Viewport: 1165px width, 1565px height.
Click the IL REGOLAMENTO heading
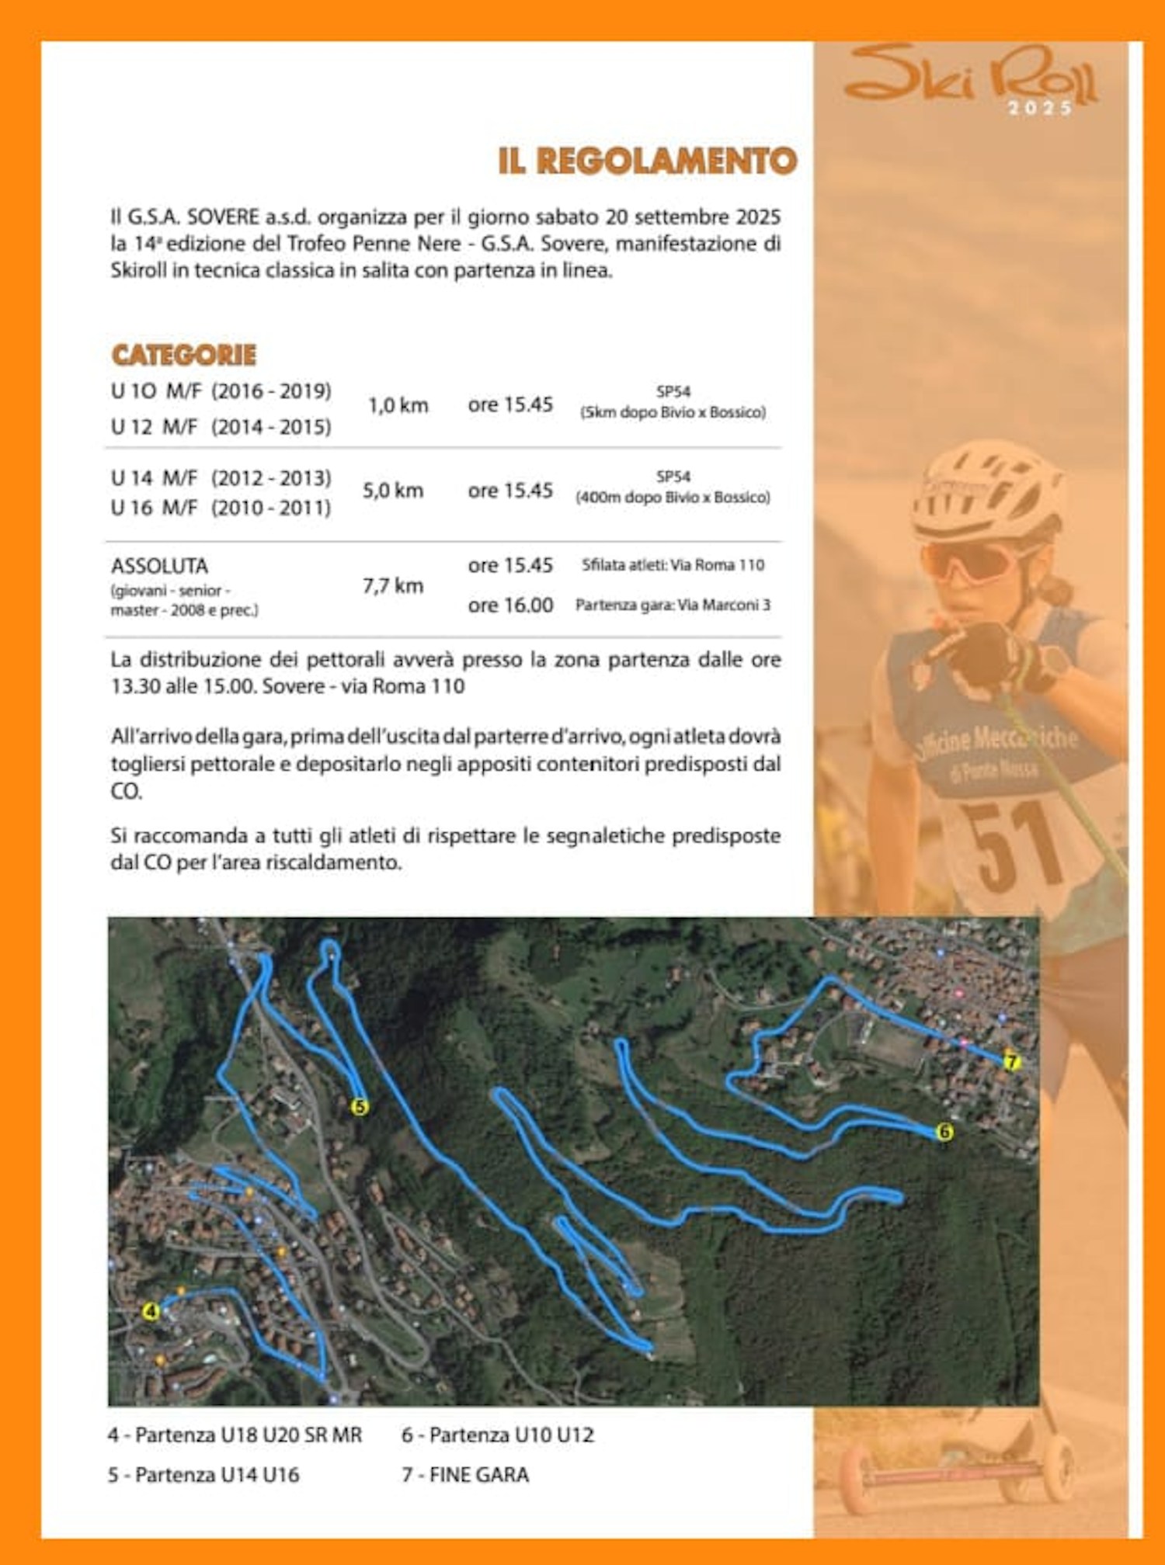click(x=647, y=161)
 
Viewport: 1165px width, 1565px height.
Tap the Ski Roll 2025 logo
click(x=971, y=78)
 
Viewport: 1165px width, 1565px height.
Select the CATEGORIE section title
click(x=184, y=356)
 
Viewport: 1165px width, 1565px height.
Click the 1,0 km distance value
click(x=398, y=405)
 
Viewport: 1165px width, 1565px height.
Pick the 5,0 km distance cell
click(x=393, y=491)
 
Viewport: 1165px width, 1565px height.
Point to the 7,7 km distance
click(x=393, y=585)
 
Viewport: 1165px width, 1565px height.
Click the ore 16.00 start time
click(x=510, y=605)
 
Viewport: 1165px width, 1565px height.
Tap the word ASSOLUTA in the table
click(x=159, y=565)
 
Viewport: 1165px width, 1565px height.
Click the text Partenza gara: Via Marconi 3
click(x=673, y=605)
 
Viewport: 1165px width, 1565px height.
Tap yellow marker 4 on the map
click(x=151, y=1311)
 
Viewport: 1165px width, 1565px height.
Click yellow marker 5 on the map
click(x=359, y=1106)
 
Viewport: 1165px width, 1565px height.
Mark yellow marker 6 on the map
click(x=944, y=1132)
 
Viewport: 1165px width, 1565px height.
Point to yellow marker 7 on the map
click(x=1010, y=1060)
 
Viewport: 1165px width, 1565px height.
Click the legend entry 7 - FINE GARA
click(x=465, y=1474)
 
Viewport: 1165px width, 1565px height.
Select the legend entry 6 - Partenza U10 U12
click(x=498, y=1435)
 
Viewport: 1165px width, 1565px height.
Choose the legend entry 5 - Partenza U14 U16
click(x=203, y=1474)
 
